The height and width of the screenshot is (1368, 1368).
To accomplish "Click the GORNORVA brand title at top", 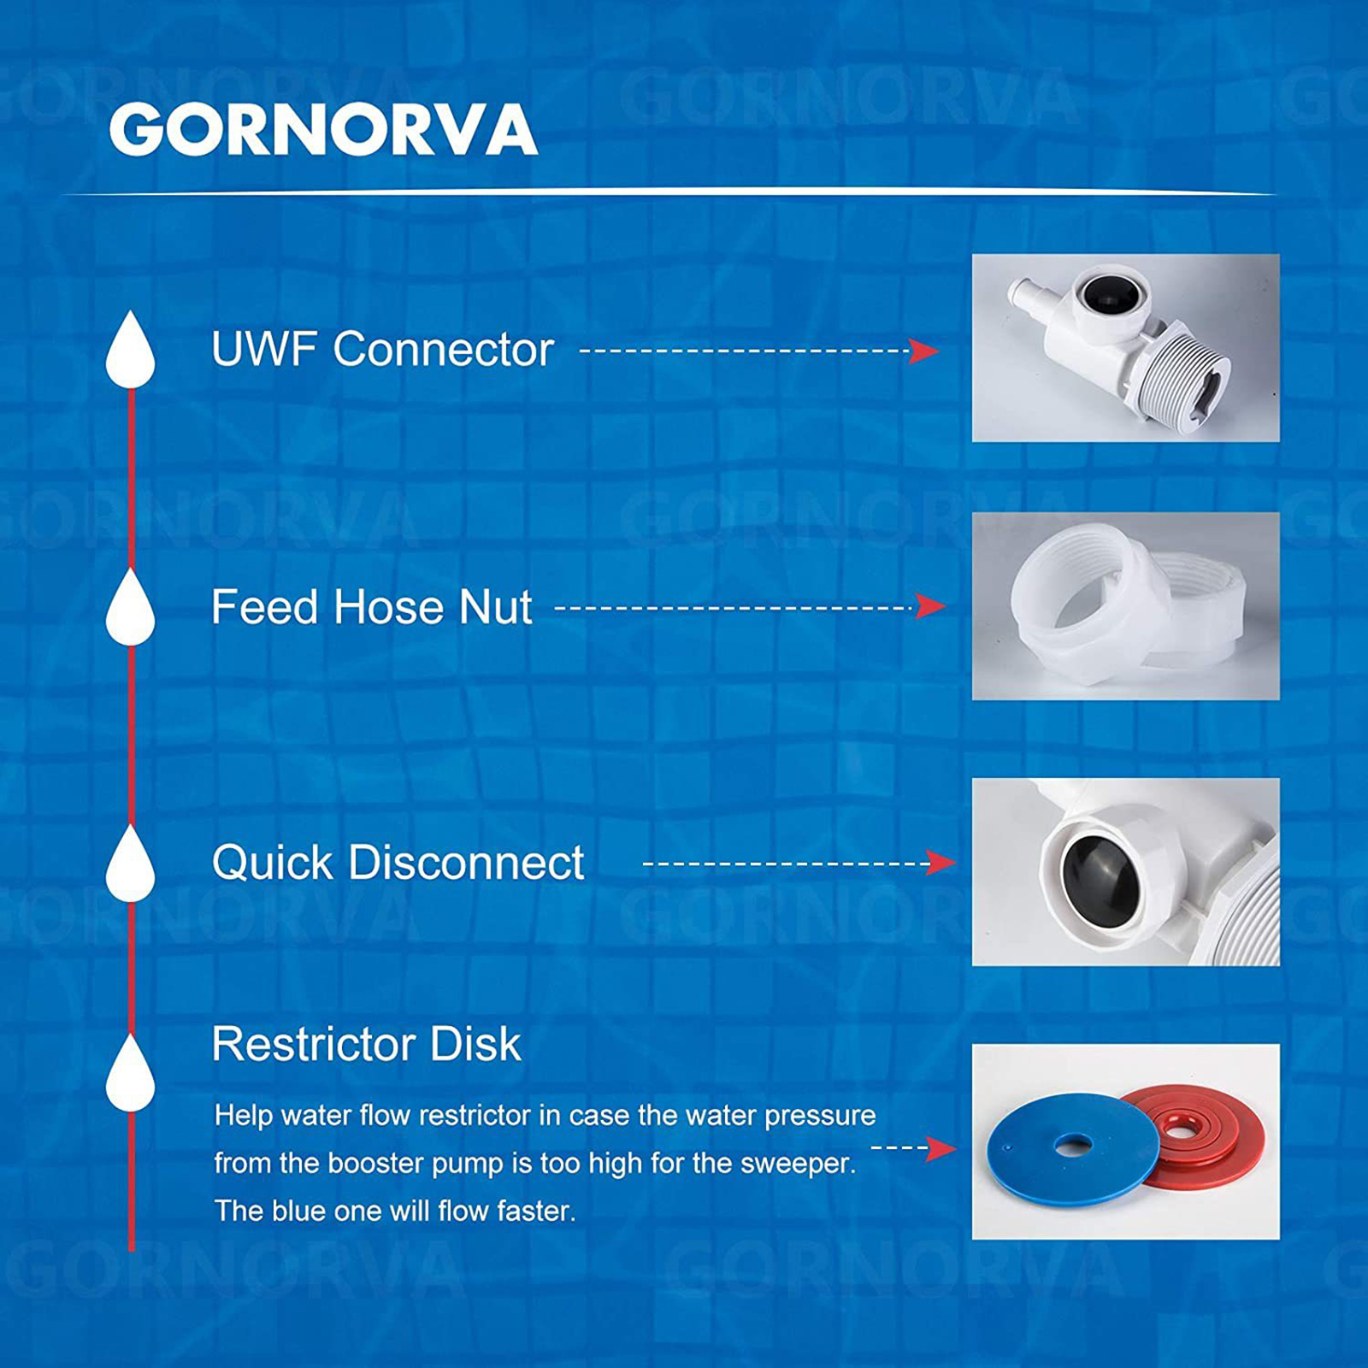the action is tap(323, 129).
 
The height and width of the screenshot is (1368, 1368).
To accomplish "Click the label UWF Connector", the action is tap(382, 349).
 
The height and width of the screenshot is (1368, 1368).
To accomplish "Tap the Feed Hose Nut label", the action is tap(372, 607).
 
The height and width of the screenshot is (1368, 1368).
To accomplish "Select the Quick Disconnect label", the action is tap(398, 862).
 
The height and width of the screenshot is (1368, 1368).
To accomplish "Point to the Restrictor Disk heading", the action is tap(366, 1043).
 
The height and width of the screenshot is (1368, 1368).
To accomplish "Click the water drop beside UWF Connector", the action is tap(130, 350).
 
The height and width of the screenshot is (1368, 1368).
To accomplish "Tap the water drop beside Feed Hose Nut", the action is tap(130, 607).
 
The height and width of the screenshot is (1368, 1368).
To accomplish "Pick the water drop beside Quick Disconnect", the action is tap(130, 864).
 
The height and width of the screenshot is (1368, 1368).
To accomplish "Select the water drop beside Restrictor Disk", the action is tap(130, 1073).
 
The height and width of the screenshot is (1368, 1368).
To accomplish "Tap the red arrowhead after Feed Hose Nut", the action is tap(930, 606).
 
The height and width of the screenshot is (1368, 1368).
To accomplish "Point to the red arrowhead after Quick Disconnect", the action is tap(940, 863).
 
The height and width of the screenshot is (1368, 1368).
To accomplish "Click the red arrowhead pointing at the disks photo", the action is tap(940, 1148).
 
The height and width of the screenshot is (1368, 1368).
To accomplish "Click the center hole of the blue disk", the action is tap(1073, 1144).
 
